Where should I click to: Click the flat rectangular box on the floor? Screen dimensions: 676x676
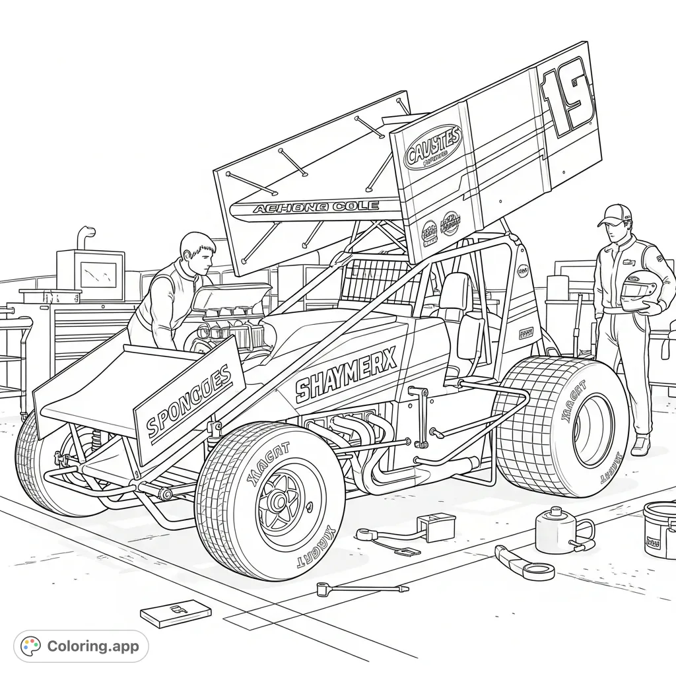175,613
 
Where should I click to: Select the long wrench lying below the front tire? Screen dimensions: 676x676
362,588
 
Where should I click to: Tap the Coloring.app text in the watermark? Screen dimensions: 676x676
93,646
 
